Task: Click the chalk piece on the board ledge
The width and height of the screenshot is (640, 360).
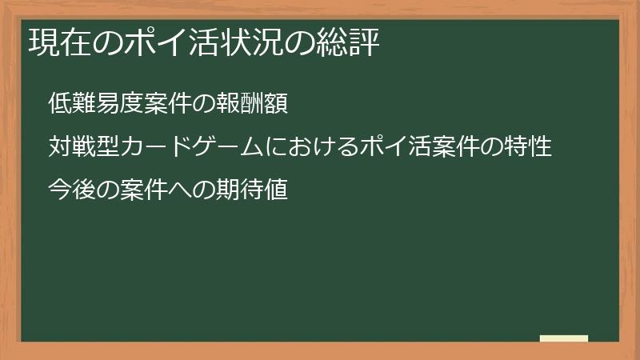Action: coord(564,338)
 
